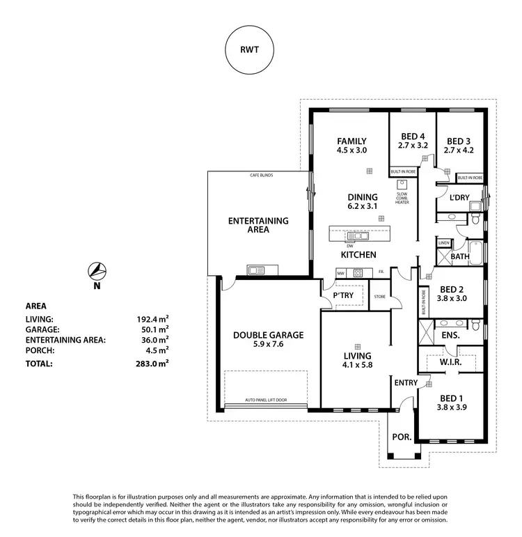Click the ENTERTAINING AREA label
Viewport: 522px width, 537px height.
tap(258, 225)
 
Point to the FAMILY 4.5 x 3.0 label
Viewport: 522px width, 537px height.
tap(351, 145)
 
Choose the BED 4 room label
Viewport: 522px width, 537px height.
tap(413, 141)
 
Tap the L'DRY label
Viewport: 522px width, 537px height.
tap(460, 199)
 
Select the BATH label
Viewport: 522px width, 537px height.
tap(460, 256)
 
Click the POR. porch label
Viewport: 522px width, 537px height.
tap(402, 437)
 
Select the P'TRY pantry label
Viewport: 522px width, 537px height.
tap(345, 295)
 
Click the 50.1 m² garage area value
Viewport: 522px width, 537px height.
tap(152, 329)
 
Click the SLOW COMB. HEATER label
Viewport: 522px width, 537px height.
tap(402, 199)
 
